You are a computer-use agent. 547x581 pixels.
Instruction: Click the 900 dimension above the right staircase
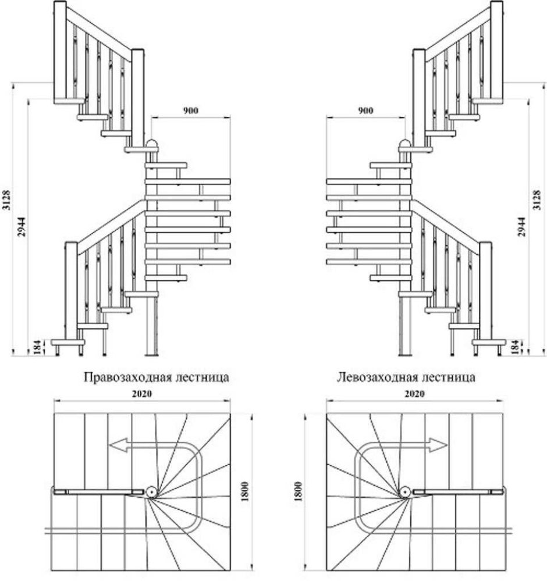365,111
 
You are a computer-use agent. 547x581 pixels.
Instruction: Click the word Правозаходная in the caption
121,377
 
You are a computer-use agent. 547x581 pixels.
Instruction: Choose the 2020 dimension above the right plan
414,394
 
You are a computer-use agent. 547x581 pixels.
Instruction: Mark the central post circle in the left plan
151,492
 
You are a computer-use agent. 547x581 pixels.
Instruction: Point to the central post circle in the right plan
404,492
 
